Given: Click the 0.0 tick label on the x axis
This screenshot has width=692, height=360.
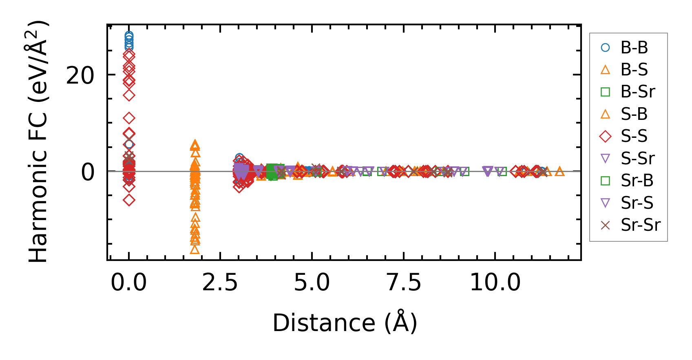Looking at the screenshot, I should tap(129, 282).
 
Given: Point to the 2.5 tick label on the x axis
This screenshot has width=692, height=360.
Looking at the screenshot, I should tap(220, 282).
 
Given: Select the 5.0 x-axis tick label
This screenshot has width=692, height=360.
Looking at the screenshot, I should tap(312, 282).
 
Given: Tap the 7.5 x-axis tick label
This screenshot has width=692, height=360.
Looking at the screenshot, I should tap(404, 282).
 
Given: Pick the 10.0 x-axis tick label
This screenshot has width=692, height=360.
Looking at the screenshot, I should tap(495, 282).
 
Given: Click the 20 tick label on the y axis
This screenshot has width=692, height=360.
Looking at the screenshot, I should tap(80, 75).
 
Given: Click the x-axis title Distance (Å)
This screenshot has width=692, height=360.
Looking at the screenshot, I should tap(345, 323).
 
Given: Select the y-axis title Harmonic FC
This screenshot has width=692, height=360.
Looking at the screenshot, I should tap(38, 141).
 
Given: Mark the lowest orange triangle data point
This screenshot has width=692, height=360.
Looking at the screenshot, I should tap(195, 249).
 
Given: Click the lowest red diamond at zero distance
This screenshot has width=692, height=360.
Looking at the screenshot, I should tap(129, 200).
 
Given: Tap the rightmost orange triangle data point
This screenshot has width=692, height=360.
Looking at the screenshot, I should tap(560, 172).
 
